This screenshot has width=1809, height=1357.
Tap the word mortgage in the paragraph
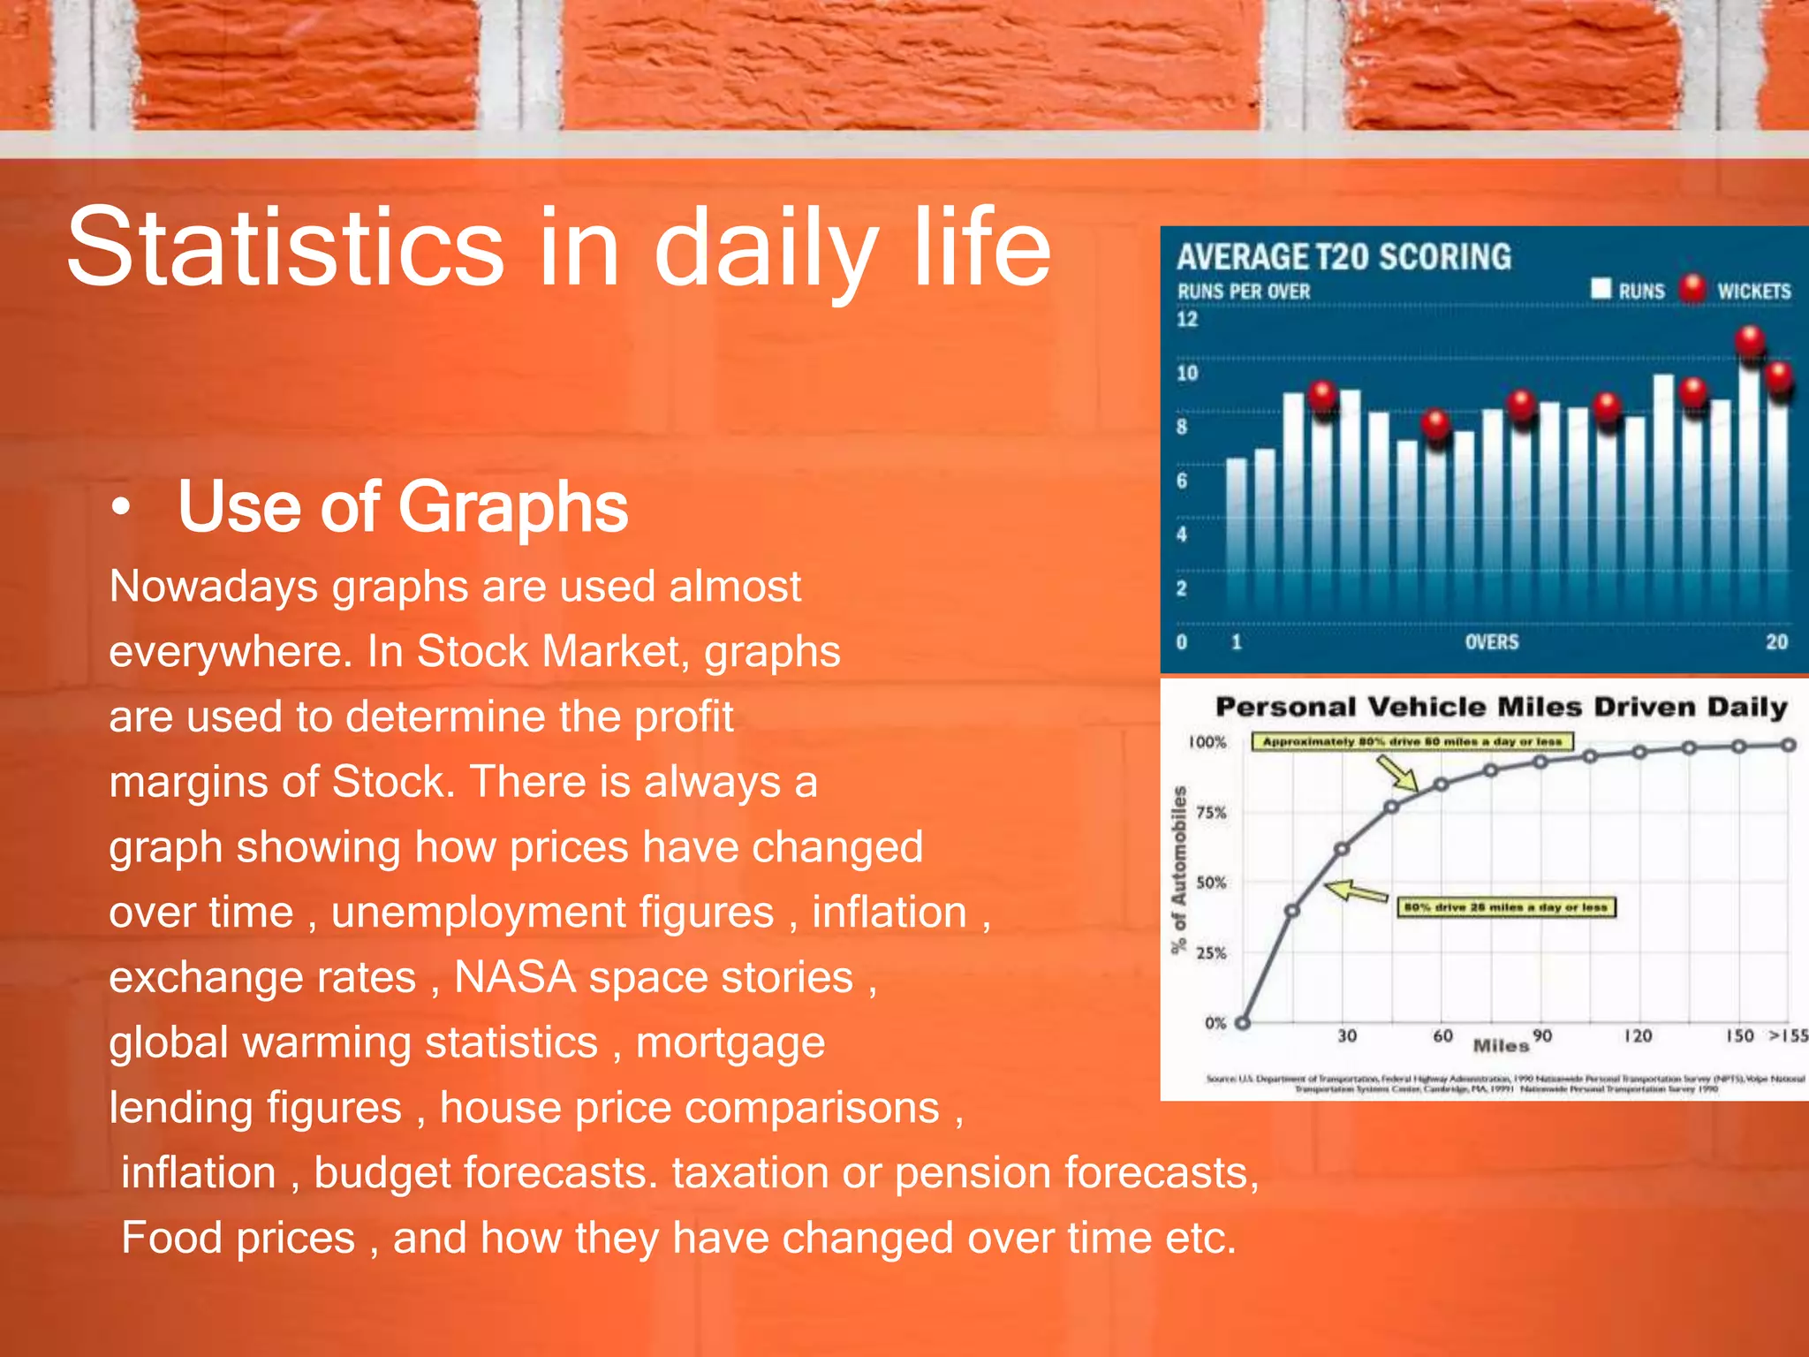coord(730,1043)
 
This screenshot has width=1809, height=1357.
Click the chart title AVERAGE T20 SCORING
coord(1343,257)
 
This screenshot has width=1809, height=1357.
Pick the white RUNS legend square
coord(1601,288)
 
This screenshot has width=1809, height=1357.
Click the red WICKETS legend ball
coord(1692,288)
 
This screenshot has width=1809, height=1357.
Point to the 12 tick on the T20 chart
coord(1186,319)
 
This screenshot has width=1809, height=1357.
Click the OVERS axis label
coord(1491,642)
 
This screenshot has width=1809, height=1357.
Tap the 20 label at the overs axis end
coord(1776,642)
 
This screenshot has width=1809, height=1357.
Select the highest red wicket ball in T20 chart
coord(1749,340)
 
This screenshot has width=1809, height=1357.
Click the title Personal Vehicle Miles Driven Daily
coord(1501,707)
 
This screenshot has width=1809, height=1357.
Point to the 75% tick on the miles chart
coord(1211,813)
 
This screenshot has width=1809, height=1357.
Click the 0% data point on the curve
coord(1243,1023)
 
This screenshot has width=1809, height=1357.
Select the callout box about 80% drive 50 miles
coord(1412,741)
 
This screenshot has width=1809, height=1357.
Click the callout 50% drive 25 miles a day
coord(1505,907)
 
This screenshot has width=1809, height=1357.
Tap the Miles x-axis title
coord(1500,1046)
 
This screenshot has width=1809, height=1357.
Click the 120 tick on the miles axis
coord(1638,1035)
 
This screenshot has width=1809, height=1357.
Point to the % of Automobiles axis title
coord(1178,869)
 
